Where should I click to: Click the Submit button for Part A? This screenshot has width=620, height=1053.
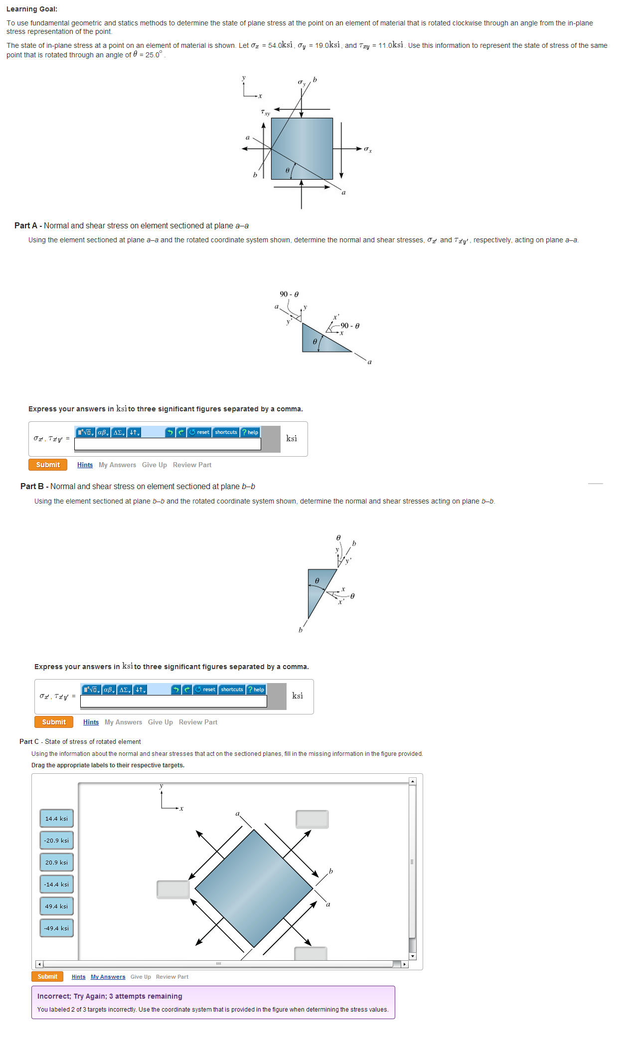48,465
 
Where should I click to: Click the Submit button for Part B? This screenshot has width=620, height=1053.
54,722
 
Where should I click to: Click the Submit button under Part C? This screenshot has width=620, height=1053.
47,977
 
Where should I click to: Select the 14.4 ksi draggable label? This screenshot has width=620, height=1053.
56,819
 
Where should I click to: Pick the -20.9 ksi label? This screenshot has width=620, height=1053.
56,841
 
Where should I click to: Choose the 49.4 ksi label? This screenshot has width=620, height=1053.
56,906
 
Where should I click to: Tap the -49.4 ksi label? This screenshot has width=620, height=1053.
56,928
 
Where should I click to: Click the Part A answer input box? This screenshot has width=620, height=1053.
167,444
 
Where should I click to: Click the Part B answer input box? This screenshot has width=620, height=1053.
173,702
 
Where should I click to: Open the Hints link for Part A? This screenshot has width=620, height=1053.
85,465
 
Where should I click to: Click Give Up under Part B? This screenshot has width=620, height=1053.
160,722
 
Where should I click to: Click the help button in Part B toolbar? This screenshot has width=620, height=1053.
256,690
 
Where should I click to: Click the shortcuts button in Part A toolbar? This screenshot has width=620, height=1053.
226,432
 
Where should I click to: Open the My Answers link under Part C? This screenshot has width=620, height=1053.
108,977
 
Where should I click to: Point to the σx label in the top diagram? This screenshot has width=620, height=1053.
368,149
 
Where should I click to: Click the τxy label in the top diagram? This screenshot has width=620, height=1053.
265,113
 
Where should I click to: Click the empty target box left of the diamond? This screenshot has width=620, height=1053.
173,889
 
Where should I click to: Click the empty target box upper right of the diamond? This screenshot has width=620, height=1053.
312,819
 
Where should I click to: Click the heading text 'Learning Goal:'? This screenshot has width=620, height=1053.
32,9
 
